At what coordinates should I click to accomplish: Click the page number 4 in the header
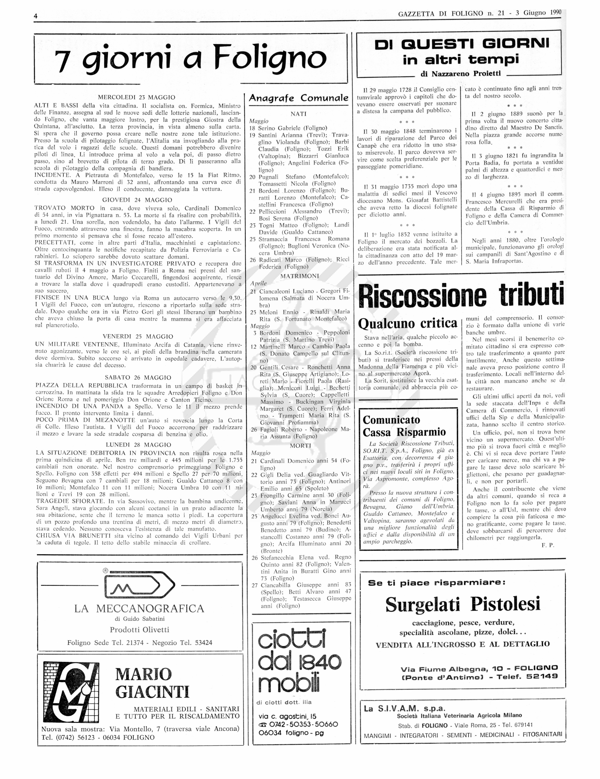(36, 16)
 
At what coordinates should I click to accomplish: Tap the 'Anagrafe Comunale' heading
(298, 98)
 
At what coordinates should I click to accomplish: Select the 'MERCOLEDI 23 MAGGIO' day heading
(137, 97)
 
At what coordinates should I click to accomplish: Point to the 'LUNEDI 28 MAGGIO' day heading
(138, 445)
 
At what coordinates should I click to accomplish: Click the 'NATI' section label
(298, 114)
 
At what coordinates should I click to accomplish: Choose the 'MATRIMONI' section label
(300, 276)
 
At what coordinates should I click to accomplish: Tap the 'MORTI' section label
(300, 446)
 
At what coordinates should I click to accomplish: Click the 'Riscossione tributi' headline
(461, 295)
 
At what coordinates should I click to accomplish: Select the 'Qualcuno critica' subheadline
(408, 323)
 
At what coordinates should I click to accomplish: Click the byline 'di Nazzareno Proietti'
(461, 74)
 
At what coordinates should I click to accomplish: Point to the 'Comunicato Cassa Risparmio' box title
(404, 426)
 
